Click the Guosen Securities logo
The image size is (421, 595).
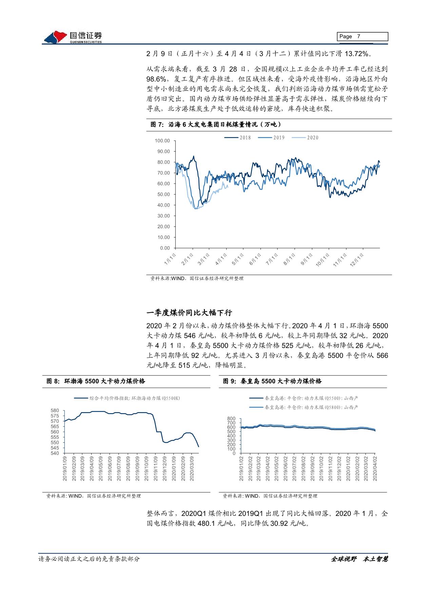click(73, 37)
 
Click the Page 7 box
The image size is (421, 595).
click(362, 37)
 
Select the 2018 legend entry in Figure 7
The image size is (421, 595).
click(237, 137)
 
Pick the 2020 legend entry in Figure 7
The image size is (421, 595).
click(305, 137)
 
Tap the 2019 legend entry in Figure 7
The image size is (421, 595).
click(271, 137)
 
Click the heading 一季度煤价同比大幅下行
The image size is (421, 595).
click(189, 312)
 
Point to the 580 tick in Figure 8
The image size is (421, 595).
click(55, 411)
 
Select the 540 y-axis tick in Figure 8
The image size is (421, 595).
click(55, 453)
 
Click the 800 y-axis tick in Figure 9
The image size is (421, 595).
click(232, 419)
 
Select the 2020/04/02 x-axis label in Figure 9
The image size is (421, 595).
click(375, 468)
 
